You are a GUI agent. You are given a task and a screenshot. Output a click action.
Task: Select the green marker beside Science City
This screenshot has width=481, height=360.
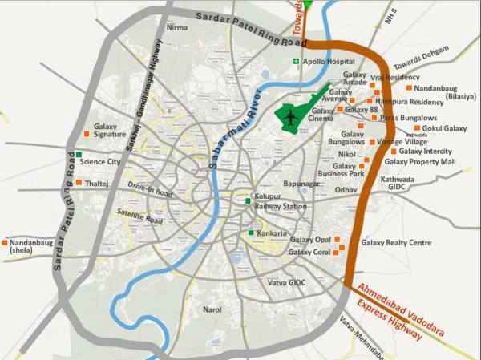pyautogui.click(x=79, y=154)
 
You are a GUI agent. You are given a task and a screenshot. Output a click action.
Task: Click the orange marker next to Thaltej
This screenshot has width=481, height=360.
pyautogui.click(x=79, y=182)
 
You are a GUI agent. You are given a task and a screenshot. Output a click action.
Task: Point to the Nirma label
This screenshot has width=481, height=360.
pyautogui.click(x=176, y=27)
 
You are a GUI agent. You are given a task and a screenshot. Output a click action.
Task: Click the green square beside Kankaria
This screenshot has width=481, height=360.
pyautogui.click(x=252, y=233)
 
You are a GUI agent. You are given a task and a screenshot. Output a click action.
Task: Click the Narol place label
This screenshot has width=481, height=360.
pyautogui.click(x=212, y=309)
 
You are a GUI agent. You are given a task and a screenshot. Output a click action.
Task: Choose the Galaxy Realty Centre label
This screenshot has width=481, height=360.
pyautogui.click(x=396, y=242)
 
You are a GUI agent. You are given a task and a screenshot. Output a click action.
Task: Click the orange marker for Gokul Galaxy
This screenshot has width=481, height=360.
pyautogui.click(x=417, y=128)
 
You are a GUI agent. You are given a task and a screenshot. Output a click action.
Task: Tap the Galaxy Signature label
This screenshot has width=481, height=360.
pyautogui.click(x=110, y=131)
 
